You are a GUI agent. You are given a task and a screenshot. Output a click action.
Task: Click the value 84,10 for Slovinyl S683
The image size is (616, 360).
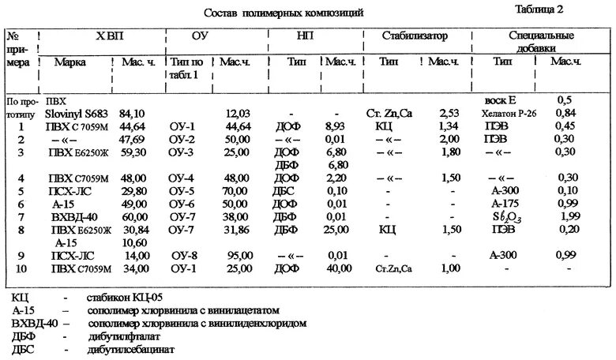132,113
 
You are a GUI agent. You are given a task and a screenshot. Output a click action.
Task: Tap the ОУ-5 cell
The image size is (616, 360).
187,191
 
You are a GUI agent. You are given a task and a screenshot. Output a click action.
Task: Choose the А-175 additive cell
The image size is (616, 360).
503,204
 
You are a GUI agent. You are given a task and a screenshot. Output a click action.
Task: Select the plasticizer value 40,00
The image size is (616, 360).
340,268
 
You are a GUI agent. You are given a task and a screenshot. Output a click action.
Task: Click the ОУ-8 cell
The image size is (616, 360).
187,255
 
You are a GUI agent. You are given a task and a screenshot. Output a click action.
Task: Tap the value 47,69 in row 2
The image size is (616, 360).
132,139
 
